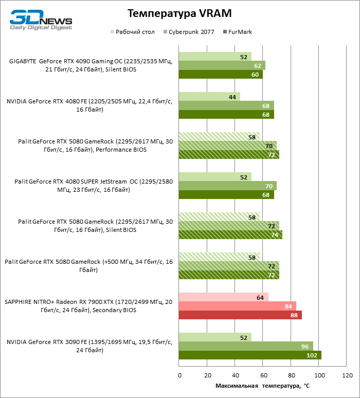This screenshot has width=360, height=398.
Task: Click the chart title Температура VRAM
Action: coord(179,13)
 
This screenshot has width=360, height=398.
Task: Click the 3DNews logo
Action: coord(41,22)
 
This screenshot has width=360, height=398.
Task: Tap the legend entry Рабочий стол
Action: coord(132,32)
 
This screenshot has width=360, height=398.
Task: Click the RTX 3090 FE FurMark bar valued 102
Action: coord(249,355)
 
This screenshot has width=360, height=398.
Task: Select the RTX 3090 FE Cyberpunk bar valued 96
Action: coord(245,346)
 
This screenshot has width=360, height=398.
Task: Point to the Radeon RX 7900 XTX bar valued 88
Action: coord(240,315)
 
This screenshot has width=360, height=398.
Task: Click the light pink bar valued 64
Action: coord(223,297)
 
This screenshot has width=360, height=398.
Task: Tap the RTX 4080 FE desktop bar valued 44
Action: coord(209,97)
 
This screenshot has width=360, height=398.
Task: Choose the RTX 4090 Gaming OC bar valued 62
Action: coord(222,65)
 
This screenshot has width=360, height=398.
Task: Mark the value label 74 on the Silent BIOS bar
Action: coord(275,235)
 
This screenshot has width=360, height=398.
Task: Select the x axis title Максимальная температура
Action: coord(262,385)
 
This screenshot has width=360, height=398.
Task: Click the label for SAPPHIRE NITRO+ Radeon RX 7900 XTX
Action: coord(88,306)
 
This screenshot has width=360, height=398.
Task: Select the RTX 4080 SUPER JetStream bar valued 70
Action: coord(227,186)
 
